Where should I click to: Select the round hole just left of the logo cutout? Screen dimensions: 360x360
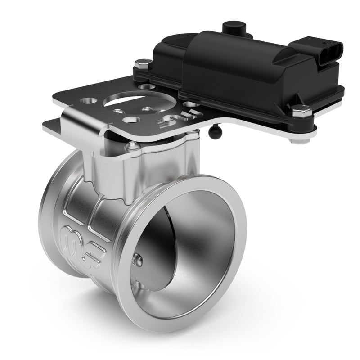[x=134, y=119]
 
